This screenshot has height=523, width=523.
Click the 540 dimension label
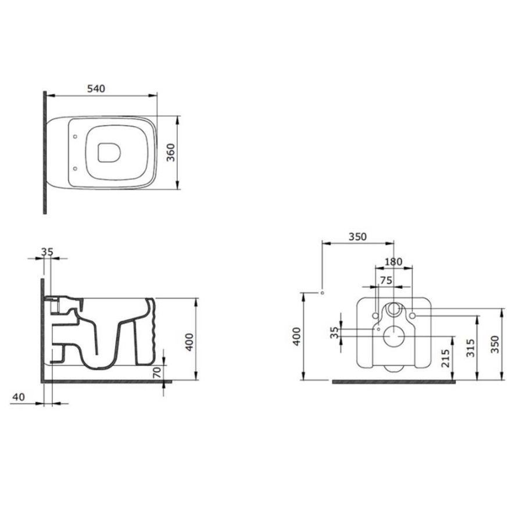pyautogui.click(x=96, y=89)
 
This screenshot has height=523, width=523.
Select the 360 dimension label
pyautogui.click(x=170, y=152)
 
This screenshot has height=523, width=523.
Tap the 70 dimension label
pyautogui.click(x=157, y=372)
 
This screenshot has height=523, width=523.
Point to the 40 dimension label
pyautogui.click(x=19, y=397)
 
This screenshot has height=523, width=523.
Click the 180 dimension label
pyautogui.click(x=393, y=262)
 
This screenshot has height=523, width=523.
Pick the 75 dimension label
pyautogui.click(x=386, y=280)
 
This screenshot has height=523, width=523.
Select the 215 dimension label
pyautogui.click(x=445, y=358)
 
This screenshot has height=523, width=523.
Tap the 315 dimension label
pyautogui.click(x=470, y=348)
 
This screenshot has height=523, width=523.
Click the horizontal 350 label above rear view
pyautogui.click(x=357, y=237)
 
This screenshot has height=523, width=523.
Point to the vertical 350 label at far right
pyautogui.click(x=495, y=344)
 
